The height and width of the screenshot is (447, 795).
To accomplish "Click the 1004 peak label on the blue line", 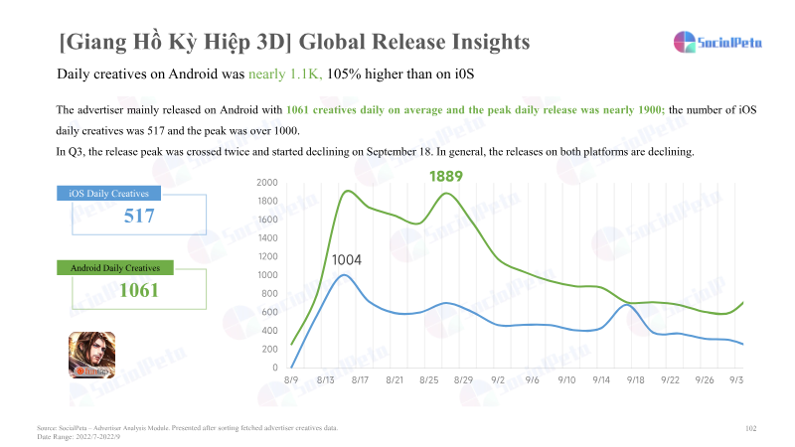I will tap(346, 260).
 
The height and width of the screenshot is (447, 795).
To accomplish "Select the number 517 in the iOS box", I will tap(139, 216).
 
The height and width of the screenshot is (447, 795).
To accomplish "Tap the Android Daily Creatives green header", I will tap(116, 267).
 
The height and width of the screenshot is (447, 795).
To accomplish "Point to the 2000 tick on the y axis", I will tap(266, 183).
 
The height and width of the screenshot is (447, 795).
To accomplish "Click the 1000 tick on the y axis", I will tap(266, 275).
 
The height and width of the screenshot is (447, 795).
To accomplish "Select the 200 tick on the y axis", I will tap(268, 350).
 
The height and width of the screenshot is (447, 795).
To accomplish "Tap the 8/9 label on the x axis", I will tap(291, 379).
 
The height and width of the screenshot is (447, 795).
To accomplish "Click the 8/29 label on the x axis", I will tap(463, 379).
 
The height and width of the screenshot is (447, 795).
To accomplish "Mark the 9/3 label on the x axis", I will tap(736, 379).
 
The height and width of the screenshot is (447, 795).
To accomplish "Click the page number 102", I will tap(751, 427).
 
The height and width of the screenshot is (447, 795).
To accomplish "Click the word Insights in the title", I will tap(474, 42).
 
